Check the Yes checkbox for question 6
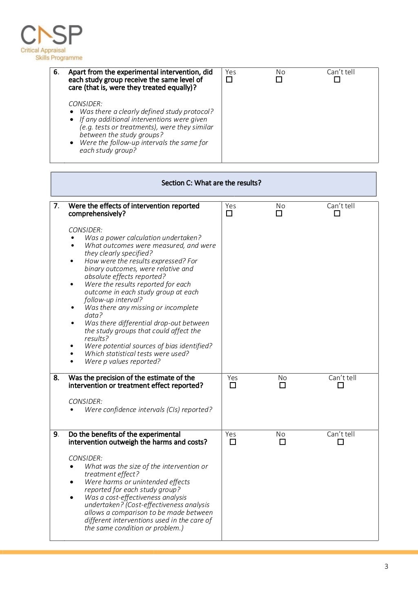click(x=229, y=80)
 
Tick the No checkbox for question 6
click(x=279, y=80)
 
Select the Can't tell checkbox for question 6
click(x=337, y=80)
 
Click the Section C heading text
click(x=211, y=183)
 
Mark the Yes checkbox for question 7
click(x=229, y=214)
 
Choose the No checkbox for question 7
click(x=279, y=214)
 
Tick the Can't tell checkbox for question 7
click(x=337, y=214)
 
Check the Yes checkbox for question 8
click(x=233, y=385)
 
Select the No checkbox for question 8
click(x=282, y=385)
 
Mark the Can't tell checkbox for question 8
click(x=341, y=385)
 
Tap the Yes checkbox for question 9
click(x=233, y=442)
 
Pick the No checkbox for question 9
click(x=282, y=442)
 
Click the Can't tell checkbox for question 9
click(x=341, y=442)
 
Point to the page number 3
click(x=386, y=566)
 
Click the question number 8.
click(x=56, y=378)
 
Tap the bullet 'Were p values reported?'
click(x=122, y=362)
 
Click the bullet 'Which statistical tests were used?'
click(x=137, y=354)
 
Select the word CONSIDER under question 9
click(x=85, y=458)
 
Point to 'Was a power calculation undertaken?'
click(x=143, y=238)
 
